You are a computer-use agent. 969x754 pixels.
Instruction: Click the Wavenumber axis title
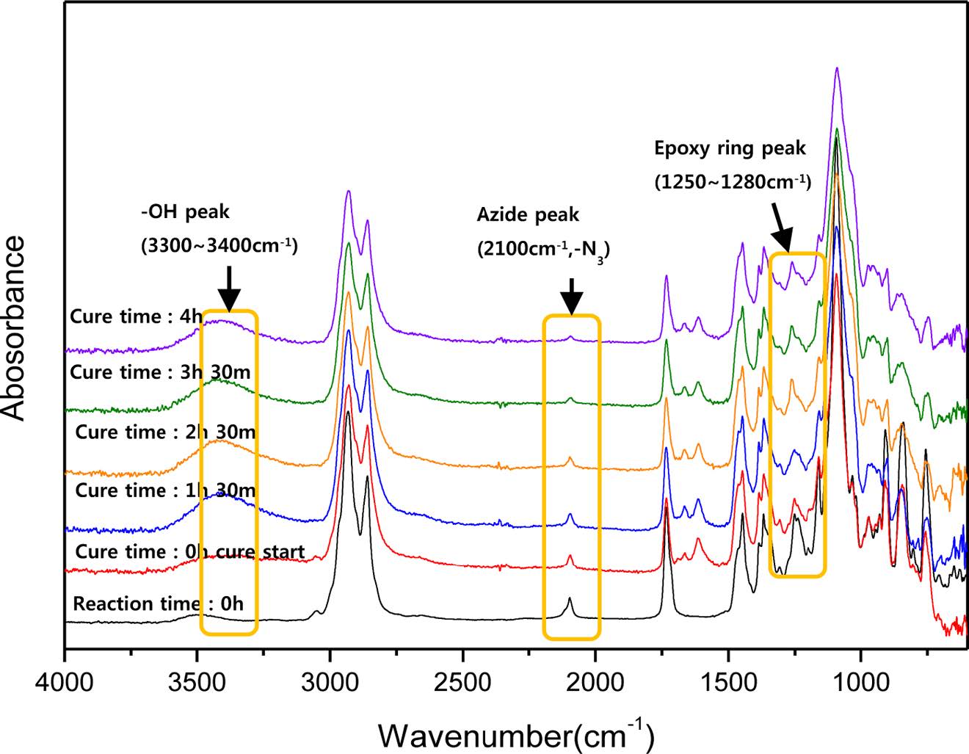pos(515,732)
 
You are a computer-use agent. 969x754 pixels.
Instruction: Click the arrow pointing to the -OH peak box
pos(229,289)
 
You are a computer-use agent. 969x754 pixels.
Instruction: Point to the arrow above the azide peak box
pos(571,297)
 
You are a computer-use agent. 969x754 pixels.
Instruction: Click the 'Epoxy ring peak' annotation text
pos(730,148)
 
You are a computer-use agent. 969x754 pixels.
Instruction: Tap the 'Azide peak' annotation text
pos(528,215)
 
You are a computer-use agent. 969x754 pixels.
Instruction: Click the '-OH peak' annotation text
pos(185,212)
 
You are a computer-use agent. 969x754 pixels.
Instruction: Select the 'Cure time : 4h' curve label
pos(135,316)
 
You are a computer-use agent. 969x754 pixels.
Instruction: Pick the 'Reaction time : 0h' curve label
pos(158,603)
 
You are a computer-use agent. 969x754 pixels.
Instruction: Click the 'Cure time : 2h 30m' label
pos(165,431)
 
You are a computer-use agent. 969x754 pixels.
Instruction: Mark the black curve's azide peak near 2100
pos(570,600)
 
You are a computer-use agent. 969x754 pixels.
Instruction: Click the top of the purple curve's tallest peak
pos(836,69)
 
